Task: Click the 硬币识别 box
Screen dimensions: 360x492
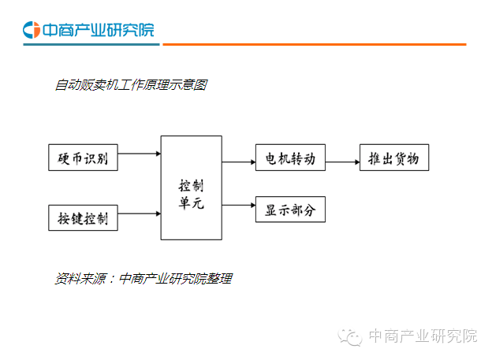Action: [83, 158]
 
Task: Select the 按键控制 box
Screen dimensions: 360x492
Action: [83, 216]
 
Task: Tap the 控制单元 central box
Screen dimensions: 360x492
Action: [191, 187]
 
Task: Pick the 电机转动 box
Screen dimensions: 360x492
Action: [290, 159]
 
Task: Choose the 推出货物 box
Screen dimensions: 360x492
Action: [393, 159]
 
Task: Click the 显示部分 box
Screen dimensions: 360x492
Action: [290, 210]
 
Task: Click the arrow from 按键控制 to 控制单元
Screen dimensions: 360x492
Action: [139, 213]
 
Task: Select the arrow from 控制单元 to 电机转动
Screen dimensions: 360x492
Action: [238, 162]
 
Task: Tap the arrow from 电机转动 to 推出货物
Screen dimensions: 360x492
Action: [341, 162]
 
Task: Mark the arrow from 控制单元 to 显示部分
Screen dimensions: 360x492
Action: [238, 206]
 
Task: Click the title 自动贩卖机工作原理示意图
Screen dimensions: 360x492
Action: [131, 85]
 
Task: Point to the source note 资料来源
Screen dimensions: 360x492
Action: [143, 278]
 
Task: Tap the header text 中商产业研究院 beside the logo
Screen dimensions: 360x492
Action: [98, 30]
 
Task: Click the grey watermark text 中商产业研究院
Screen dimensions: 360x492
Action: [423, 336]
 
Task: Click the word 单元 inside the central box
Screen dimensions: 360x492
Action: [191, 202]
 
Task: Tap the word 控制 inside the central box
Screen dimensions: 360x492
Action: [191, 185]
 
